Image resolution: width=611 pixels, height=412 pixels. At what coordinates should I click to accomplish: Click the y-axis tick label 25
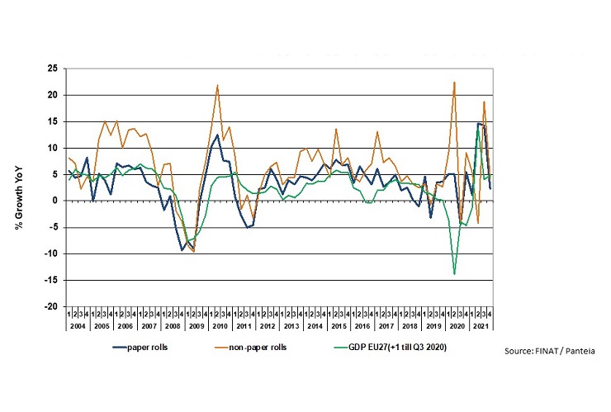pos(53,69)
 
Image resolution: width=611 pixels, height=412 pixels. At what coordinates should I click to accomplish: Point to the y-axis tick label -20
pos(51,306)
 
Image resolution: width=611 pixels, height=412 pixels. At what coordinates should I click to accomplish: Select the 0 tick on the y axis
pos(56,201)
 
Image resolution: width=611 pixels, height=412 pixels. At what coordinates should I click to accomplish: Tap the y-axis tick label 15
pos(53,121)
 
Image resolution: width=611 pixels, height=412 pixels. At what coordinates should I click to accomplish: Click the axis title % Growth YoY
pos(18,187)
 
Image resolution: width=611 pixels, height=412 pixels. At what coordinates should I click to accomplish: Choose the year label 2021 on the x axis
pos(477,326)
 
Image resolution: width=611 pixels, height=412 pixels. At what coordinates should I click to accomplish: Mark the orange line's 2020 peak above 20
pos(454,82)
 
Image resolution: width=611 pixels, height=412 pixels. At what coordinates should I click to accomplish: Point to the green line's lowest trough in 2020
pos(454,273)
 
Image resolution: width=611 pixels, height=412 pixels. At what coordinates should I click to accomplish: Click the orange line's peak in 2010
pos(217,85)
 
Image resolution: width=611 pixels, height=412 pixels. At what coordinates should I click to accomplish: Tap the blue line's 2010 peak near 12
pos(217,135)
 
